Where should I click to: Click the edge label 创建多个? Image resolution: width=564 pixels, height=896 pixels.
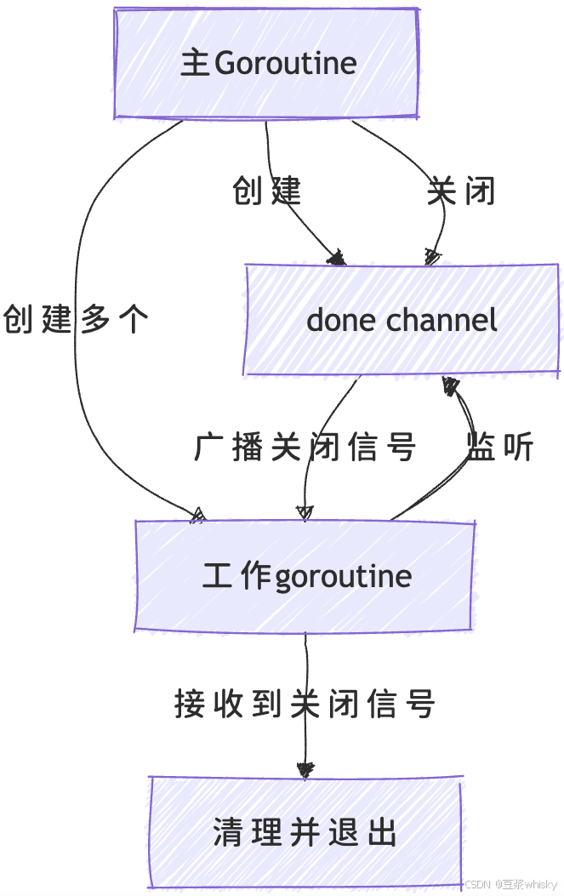click(77, 319)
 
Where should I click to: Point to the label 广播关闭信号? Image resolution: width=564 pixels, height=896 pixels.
click(305, 447)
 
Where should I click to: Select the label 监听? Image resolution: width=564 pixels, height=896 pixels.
click(500, 447)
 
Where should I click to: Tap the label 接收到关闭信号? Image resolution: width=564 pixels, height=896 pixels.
click(305, 704)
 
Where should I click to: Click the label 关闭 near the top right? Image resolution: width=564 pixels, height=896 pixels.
click(461, 191)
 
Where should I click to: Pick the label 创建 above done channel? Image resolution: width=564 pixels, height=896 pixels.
click(267, 191)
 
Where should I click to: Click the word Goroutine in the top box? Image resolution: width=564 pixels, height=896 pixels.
click(286, 63)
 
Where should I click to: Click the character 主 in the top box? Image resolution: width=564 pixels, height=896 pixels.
click(196, 63)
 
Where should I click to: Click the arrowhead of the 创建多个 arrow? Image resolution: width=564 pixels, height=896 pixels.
click(198, 513)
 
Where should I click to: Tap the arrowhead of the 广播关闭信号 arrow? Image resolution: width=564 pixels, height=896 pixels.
click(304, 512)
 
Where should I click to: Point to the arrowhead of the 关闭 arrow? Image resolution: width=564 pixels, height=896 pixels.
click(431, 257)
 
